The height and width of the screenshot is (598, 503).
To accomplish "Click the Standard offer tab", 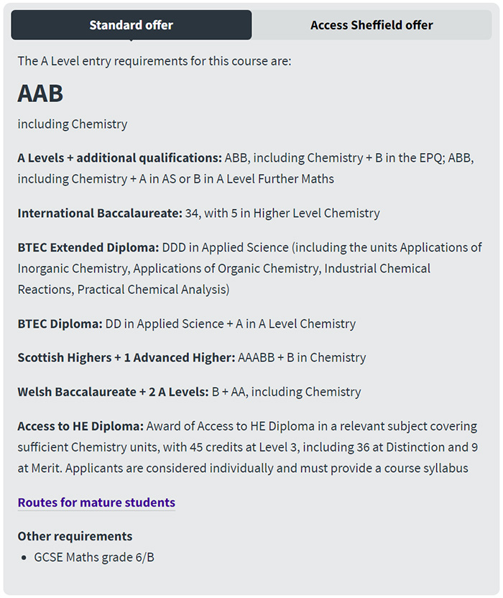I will (131, 25).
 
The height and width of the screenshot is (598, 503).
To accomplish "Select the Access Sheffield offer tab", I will (372, 25).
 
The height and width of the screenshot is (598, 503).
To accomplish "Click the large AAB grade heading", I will (40, 93).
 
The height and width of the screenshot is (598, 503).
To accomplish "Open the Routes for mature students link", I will (96, 502).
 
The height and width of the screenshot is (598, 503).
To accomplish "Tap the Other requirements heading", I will (75, 536).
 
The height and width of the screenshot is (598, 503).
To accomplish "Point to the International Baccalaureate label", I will (98, 213).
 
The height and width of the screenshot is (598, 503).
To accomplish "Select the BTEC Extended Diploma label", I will (88, 247).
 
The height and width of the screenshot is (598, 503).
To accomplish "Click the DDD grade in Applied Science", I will (175, 247).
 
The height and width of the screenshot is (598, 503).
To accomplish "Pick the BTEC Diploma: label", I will (60, 323).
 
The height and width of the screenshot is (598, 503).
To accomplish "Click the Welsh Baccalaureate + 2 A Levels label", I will (113, 392).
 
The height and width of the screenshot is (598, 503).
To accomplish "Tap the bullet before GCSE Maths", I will (27, 558).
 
